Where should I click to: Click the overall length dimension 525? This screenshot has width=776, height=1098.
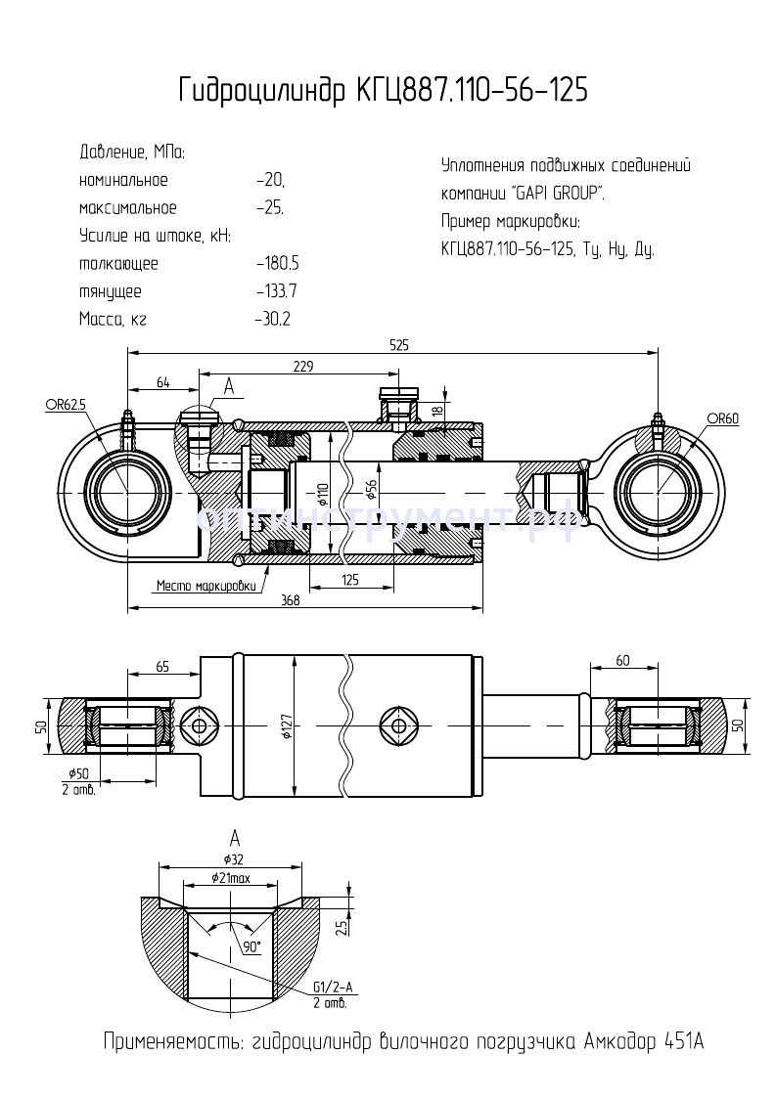(397, 345)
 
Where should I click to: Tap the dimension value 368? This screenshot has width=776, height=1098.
(290, 600)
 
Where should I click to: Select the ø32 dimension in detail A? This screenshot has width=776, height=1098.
(233, 858)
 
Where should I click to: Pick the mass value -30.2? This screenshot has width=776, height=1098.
(273, 319)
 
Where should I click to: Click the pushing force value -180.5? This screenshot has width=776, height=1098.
(277, 264)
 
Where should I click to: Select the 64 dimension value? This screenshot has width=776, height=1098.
(162, 382)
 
